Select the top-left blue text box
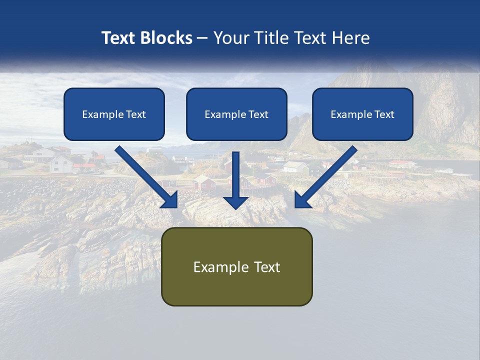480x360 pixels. (x=114, y=114)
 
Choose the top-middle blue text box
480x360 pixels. (x=236, y=114)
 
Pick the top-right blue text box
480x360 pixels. (x=362, y=114)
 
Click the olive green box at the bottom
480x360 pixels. (x=236, y=266)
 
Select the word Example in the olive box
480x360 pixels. (x=221, y=267)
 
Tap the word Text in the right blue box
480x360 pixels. (x=384, y=114)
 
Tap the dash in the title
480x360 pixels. (x=202, y=38)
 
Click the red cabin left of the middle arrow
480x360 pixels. (x=204, y=184)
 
